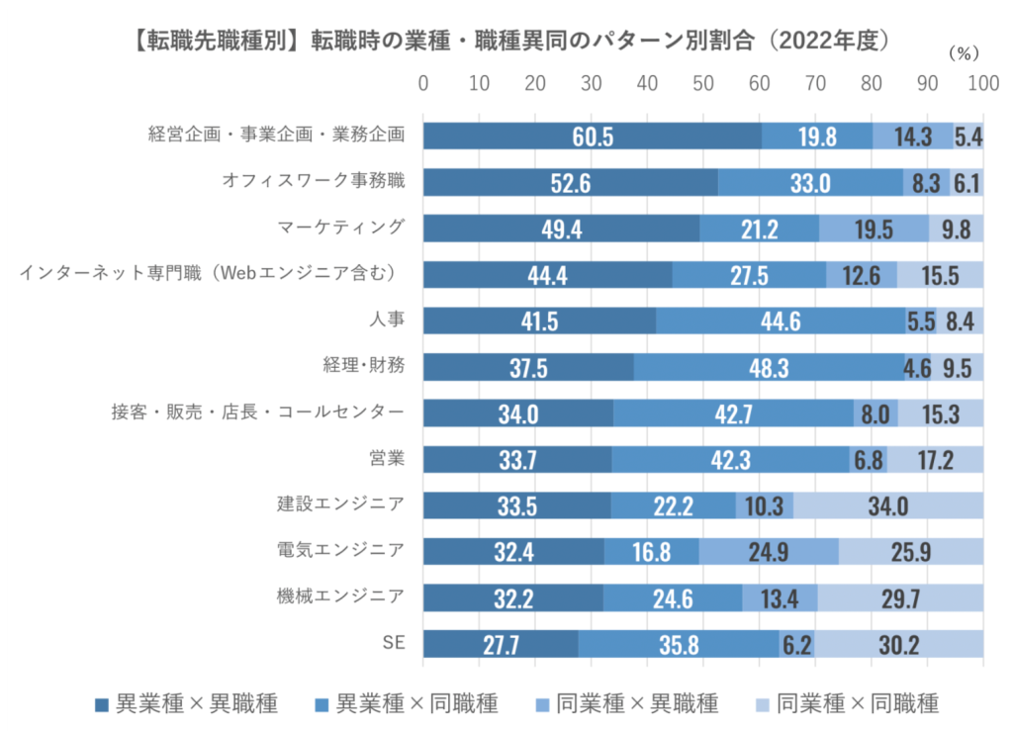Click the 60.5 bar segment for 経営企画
coord(592,136)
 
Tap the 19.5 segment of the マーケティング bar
coord(874,228)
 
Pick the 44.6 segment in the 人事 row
coord(780,320)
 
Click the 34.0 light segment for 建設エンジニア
coord(887,505)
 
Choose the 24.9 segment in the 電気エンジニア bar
coord(768,551)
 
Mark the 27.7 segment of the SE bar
coord(501,644)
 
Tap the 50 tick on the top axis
coord(703,83)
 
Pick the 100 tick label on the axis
coord(982,83)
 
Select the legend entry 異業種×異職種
coord(186,703)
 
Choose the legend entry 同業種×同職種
coord(847,703)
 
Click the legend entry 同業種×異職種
coord(626,703)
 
